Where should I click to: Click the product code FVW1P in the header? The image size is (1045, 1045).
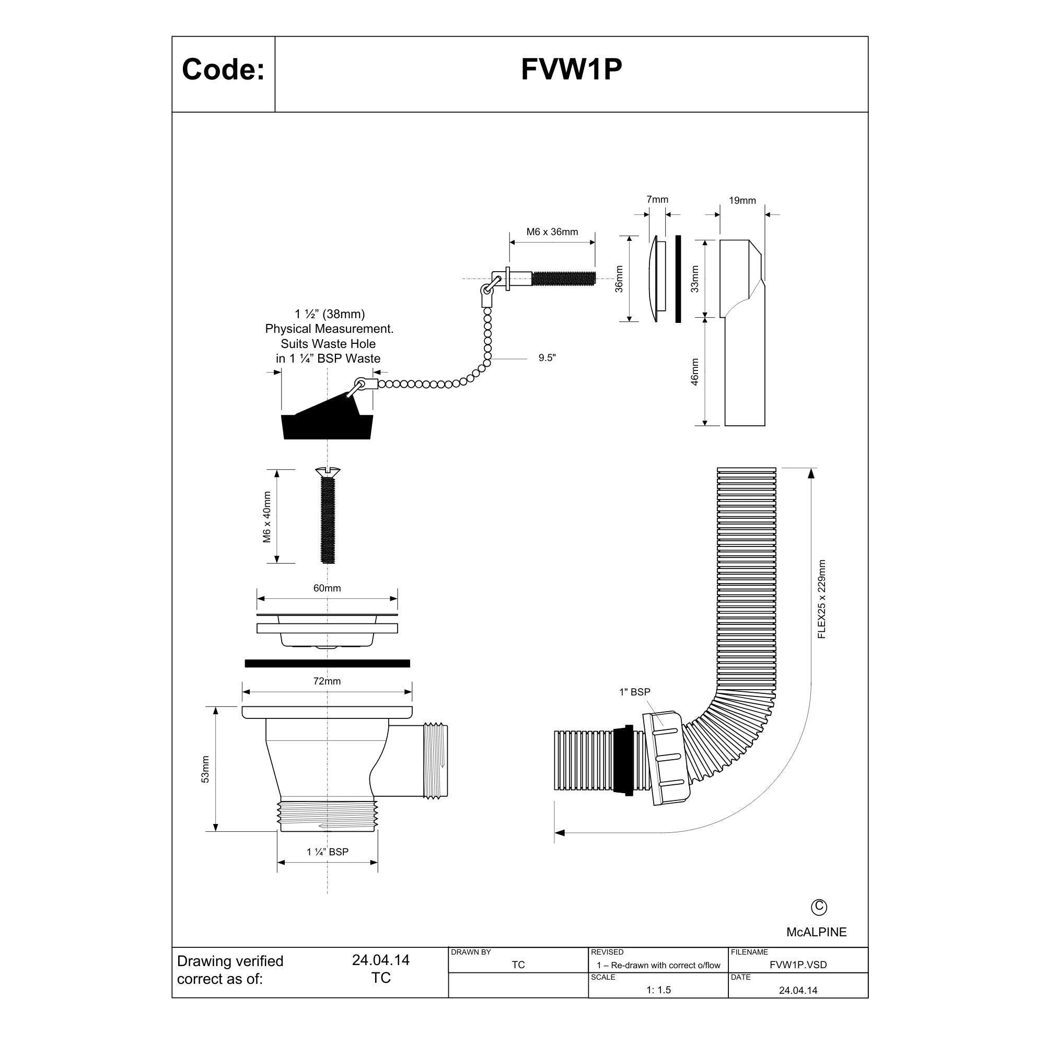(x=571, y=69)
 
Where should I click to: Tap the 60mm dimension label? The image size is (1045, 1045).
(x=327, y=588)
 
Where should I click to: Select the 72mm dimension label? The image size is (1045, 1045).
(x=327, y=681)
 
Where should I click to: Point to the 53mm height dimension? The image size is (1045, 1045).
(x=205, y=769)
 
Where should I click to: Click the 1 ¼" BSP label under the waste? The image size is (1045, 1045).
(x=328, y=852)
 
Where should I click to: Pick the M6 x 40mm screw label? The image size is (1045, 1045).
(x=266, y=517)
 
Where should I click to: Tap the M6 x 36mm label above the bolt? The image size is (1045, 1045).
(x=552, y=231)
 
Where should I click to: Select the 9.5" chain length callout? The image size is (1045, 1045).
(x=548, y=357)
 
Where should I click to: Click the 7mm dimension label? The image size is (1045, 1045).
(x=657, y=199)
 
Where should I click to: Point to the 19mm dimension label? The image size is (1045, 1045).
(x=742, y=200)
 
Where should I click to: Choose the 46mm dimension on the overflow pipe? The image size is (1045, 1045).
(x=694, y=372)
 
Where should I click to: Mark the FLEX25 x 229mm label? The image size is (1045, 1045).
(x=821, y=599)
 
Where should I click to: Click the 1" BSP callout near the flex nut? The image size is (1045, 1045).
(x=634, y=692)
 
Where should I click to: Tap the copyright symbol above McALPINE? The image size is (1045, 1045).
(x=819, y=907)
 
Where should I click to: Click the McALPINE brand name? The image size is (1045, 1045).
(x=816, y=932)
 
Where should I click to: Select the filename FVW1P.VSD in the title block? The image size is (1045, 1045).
(x=798, y=965)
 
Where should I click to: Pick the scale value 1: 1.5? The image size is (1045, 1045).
(x=658, y=990)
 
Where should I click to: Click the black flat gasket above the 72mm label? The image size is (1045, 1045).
(x=327, y=663)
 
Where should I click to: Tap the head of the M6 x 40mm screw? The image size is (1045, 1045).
(x=328, y=472)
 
